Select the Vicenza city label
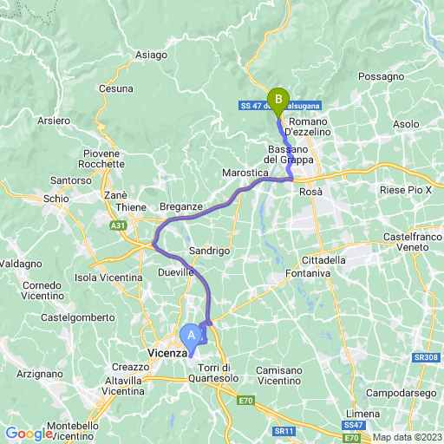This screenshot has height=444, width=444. point(166,354)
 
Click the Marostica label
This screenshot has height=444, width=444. point(244,173)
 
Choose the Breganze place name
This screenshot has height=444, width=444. point(181,207)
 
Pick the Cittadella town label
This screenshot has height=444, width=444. point(323,259)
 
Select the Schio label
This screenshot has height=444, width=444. point(56,199)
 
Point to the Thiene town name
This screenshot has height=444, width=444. point(132,208)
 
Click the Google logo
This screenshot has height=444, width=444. point(29,434)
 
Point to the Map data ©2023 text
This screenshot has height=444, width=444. point(407,436)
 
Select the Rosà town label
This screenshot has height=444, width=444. point(311,191)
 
